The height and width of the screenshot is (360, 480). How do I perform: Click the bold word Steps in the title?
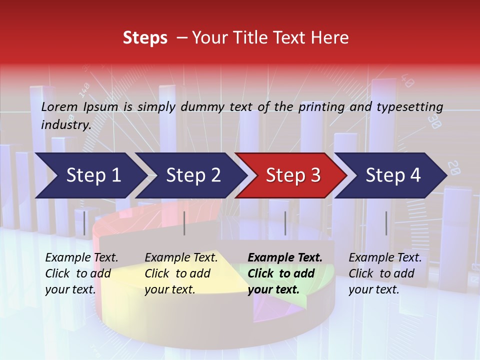click(145, 38)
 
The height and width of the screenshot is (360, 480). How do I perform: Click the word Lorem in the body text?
click(59, 106)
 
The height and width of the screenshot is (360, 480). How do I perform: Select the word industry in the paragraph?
click(65, 124)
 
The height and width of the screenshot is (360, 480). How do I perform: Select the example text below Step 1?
click(81, 273)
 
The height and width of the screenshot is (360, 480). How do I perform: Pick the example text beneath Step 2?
click(181, 273)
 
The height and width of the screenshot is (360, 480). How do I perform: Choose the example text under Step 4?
click(385, 273)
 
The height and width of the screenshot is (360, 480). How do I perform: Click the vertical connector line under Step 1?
click(84, 223)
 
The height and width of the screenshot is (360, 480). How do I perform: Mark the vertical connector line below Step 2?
click(184, 223)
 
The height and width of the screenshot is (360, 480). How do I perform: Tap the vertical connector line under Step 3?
click(285, 223)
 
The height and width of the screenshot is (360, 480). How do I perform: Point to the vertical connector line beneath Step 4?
click(386, 223)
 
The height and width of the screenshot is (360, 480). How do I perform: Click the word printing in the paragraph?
click(316, 107)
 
